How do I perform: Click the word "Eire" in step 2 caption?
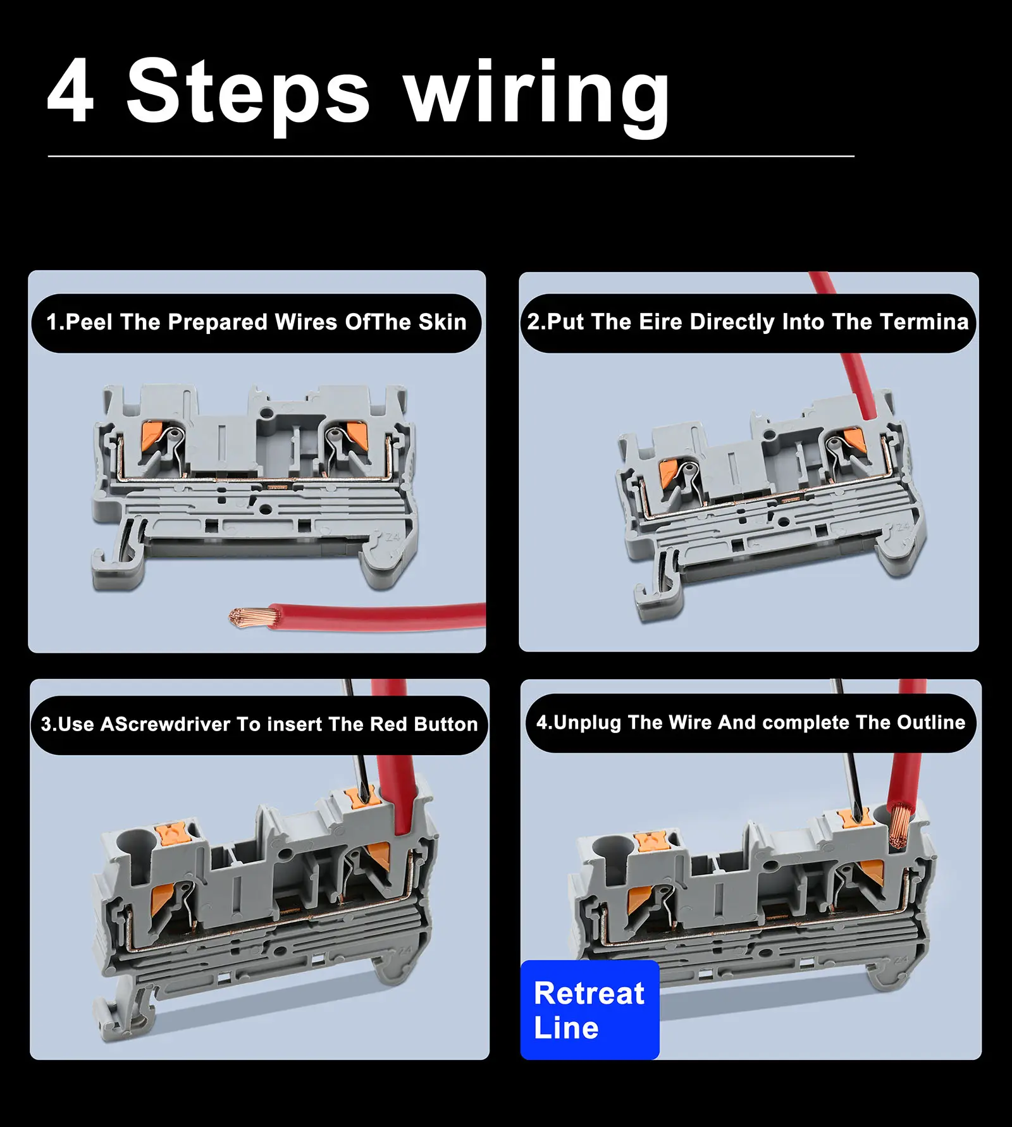coord(661,322)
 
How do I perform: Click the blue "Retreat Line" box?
coord(589,1010)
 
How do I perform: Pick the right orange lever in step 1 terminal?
coord(357,433)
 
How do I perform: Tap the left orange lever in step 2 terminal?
coord(668,473)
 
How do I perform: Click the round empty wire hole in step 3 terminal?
coord(135,844)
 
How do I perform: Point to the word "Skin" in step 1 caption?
coord(442,323)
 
